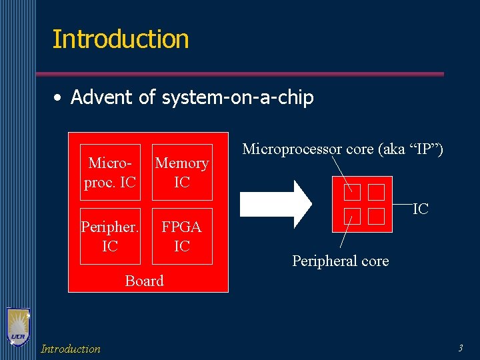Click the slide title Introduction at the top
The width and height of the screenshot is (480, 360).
click(x=121, y=39)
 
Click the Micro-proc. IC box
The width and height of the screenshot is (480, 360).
click(x=110, y=172)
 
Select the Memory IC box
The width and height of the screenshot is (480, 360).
click(x=182, y=172)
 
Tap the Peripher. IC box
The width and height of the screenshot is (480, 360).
click(x=110, y=237)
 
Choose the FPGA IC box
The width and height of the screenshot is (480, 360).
click(x=182, y=237)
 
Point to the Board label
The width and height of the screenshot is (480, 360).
click(x=144, y=281)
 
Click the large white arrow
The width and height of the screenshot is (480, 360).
click(x=275, y=201)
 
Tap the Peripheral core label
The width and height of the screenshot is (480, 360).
click(x=340, y=261)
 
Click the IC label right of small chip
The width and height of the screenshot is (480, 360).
click(x=420, y=209)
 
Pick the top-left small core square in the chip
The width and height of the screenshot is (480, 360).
click(x=352, y=192)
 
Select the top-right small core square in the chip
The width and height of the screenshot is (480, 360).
click(x=376, y=192)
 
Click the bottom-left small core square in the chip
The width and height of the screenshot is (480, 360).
click(x=352, y=216)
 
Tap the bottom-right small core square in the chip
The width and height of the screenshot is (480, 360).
click(x=376, y=216)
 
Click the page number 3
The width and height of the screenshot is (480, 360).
click(x=460, y=347)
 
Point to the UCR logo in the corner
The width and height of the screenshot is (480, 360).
click(x=17, y=327)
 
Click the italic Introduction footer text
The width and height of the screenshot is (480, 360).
click(x=71, y=349)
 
